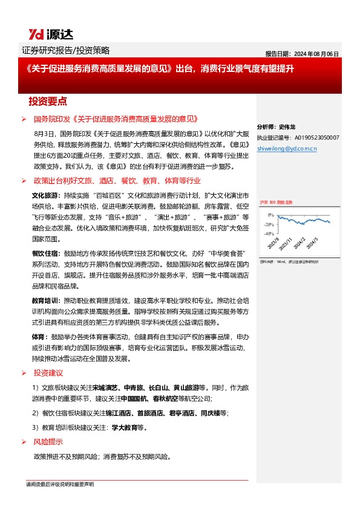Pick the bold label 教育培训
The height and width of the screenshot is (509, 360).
[44, 300]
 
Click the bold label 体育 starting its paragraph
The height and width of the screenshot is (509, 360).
[38, 336]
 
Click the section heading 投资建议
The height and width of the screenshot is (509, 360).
[48, 373]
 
